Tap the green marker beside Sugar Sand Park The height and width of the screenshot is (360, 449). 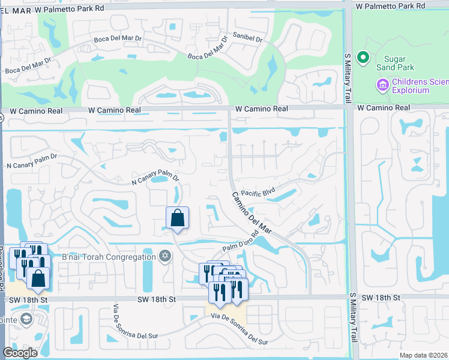pyautogui.click(x=363, y=58)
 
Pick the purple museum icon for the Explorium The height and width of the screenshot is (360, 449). pyautogui.click(x=382, y=86)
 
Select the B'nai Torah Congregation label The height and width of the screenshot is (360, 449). pyautogui.click(x=109, y=257)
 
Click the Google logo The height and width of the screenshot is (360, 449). pyautogui.click(x=20, y=353)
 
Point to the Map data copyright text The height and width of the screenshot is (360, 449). pyautogui.click(x=424, y=355)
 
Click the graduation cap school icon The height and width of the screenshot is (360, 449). pyautogui.click(x=26, y=319)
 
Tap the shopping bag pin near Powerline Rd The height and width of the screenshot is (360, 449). pyautogui.click(x=38, y=278)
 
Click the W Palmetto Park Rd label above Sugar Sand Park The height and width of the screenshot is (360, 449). pyautogui.click(x=390, y=6)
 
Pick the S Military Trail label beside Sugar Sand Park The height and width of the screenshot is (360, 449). pyautogui.click(x=347, y=79)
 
